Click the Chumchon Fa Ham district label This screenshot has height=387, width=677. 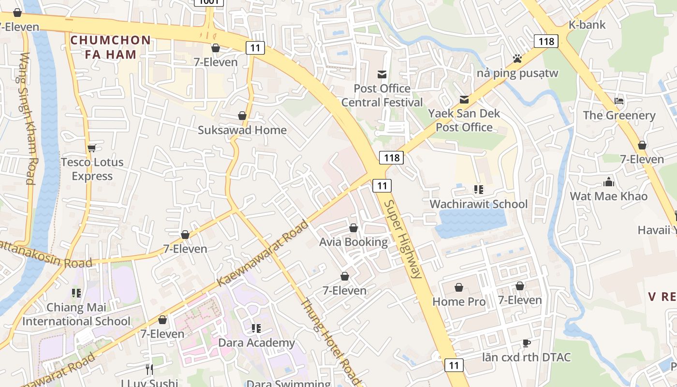point(111,47)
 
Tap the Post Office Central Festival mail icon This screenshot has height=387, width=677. point(382,74)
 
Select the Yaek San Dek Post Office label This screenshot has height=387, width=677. point(464,120)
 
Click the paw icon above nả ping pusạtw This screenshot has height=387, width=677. point(517,59)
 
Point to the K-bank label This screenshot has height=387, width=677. point(587,25)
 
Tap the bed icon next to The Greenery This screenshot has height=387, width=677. point(619,101)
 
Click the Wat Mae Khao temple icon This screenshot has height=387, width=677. point(609,182)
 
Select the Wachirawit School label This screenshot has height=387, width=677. point(478,204)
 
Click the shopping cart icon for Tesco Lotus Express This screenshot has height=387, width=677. point(92,148)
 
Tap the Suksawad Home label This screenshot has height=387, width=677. point(242,130)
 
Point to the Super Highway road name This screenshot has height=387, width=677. point(403,239)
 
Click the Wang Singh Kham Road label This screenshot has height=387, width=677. point(28,119)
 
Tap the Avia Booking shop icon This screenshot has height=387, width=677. point(353,228)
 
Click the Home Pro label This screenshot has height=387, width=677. point(459,301)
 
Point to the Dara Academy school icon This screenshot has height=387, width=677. point(256,328)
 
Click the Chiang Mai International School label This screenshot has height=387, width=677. point(76,314)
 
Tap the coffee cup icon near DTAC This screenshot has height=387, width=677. point(527,343)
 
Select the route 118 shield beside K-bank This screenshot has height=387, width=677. point(546,41)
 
